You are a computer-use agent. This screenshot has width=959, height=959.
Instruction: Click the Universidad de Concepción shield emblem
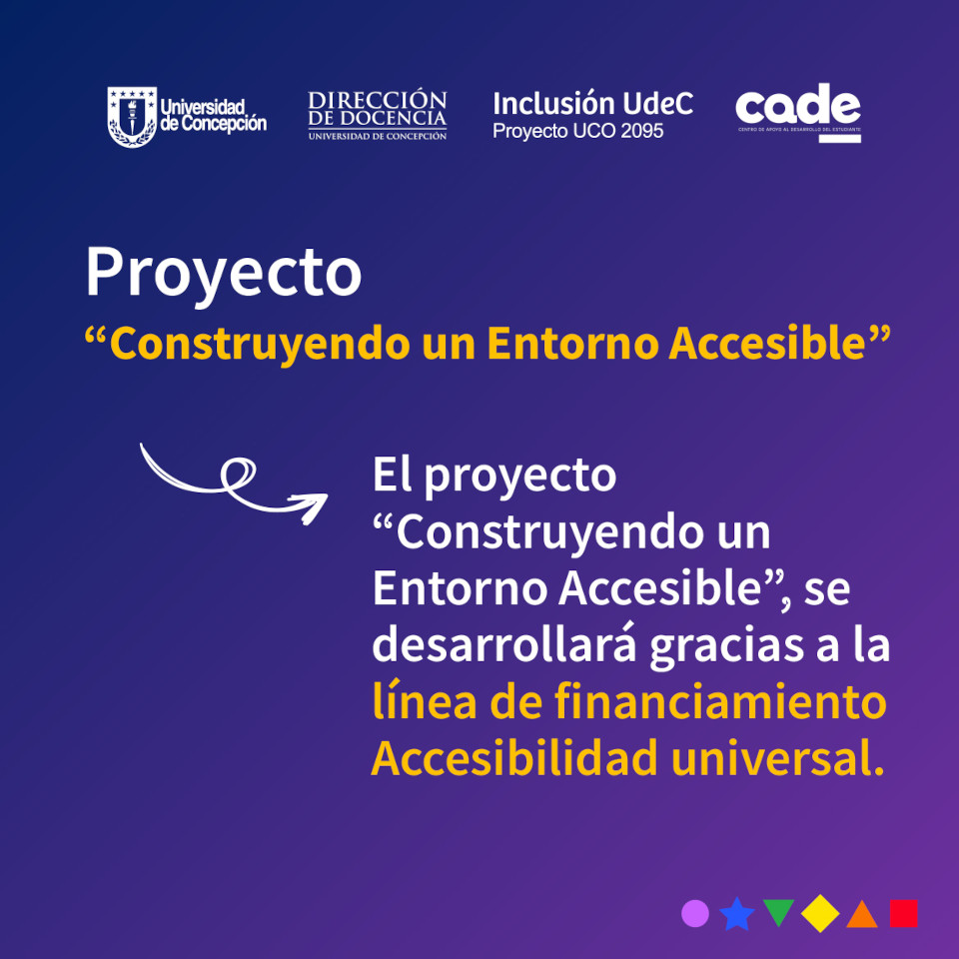(x=132, y=117)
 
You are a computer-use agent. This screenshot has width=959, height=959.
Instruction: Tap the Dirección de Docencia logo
(x=378, y=116)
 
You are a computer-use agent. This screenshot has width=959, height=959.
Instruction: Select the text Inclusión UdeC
(x=592, y=103)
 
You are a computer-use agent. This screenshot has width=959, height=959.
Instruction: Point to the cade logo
(x=798, y=113)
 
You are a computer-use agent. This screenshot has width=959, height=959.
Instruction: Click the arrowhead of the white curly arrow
(x=311, y=507)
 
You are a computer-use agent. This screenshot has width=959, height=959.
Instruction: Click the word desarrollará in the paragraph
(x=504, y=644)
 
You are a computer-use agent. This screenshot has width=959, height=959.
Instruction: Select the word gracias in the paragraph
(x=726, y=647)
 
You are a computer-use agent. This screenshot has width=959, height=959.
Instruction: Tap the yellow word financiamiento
(x=720, y=701)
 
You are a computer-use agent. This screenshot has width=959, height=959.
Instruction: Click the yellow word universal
(x=777, y=758)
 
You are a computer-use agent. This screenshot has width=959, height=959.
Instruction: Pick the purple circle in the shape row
(x=695, y=914)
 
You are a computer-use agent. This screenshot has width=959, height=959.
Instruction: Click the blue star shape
(x=737, y=914)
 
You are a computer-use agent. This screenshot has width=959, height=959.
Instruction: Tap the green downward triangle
(x=778, y=911)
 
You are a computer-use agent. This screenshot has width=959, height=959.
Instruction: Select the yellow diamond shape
(x=820, y=914)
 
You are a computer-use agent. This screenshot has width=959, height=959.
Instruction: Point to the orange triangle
(x=862, y=917)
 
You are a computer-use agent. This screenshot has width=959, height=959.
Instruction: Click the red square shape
(x=904, y=914)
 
